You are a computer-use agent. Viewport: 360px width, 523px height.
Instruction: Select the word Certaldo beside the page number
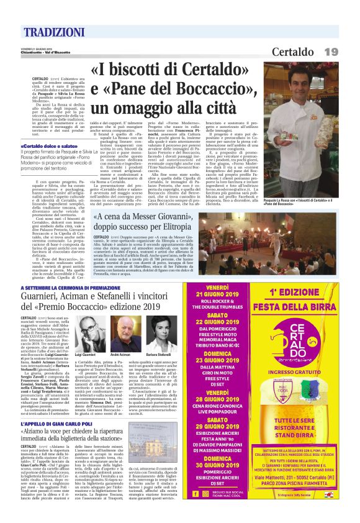[x=295, y=50]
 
